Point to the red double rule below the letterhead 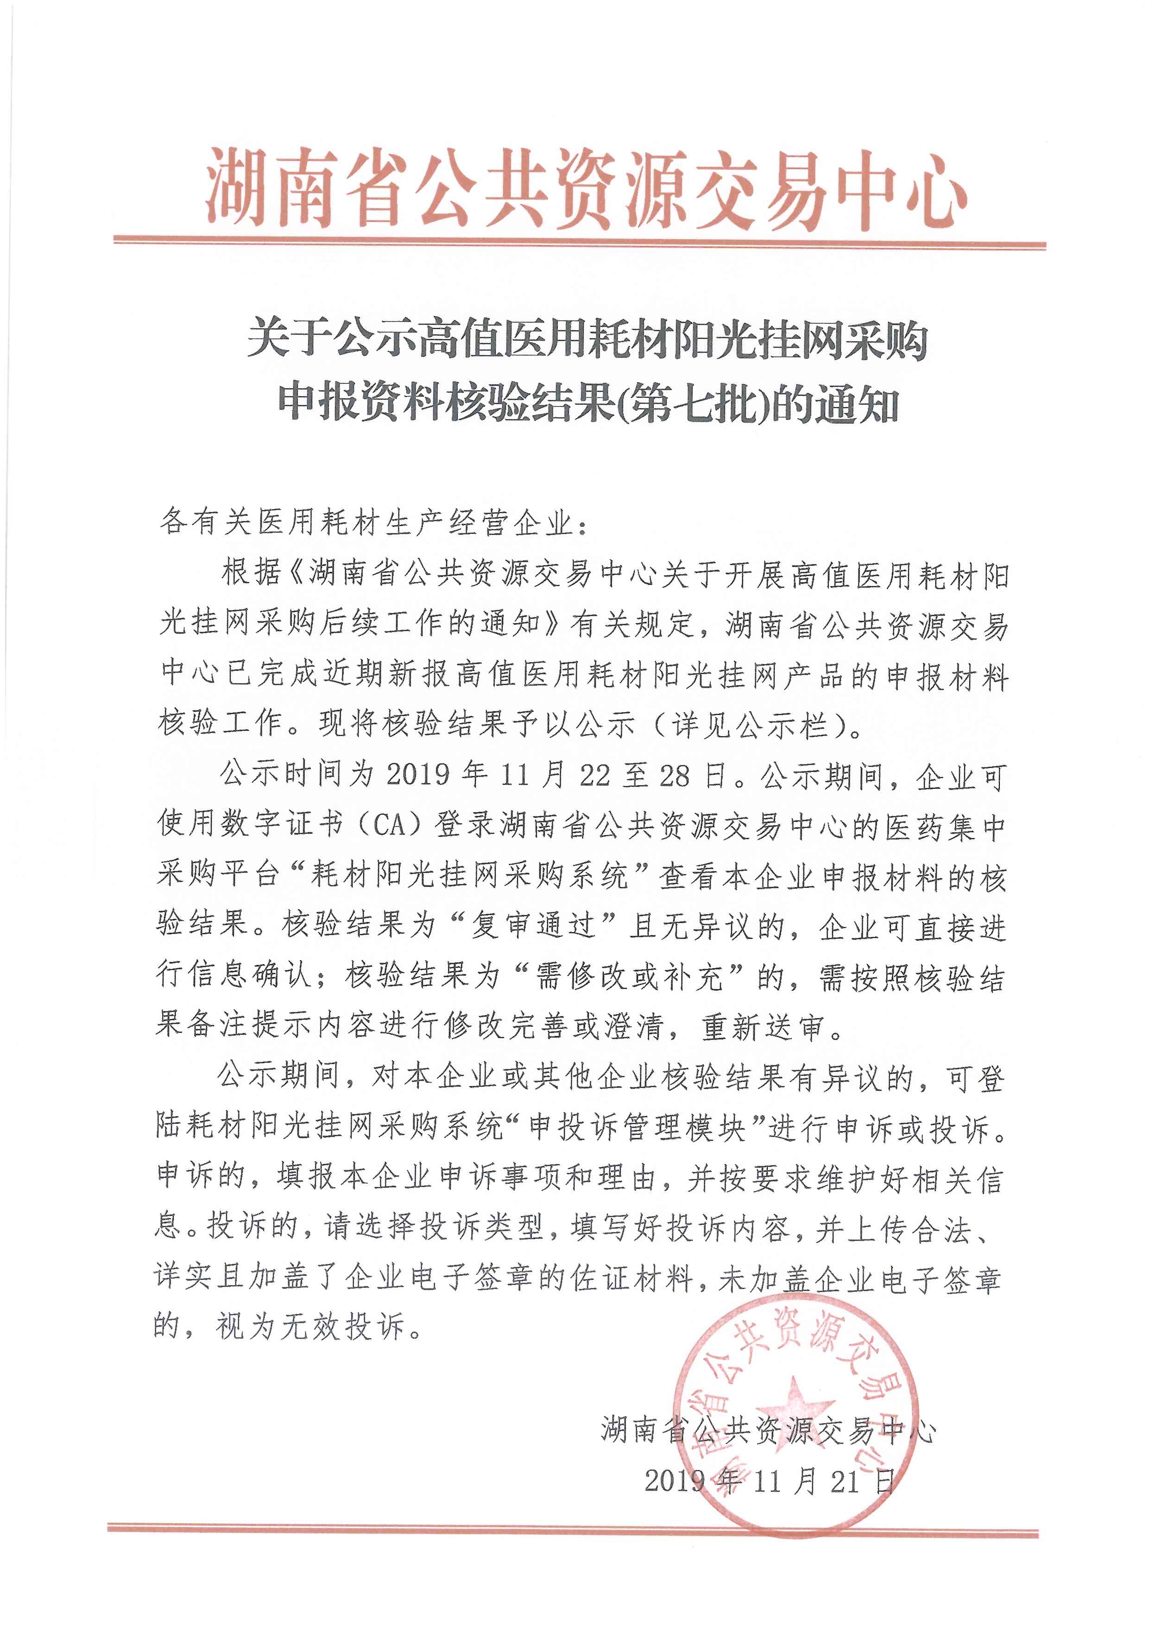tap(580, 245)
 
